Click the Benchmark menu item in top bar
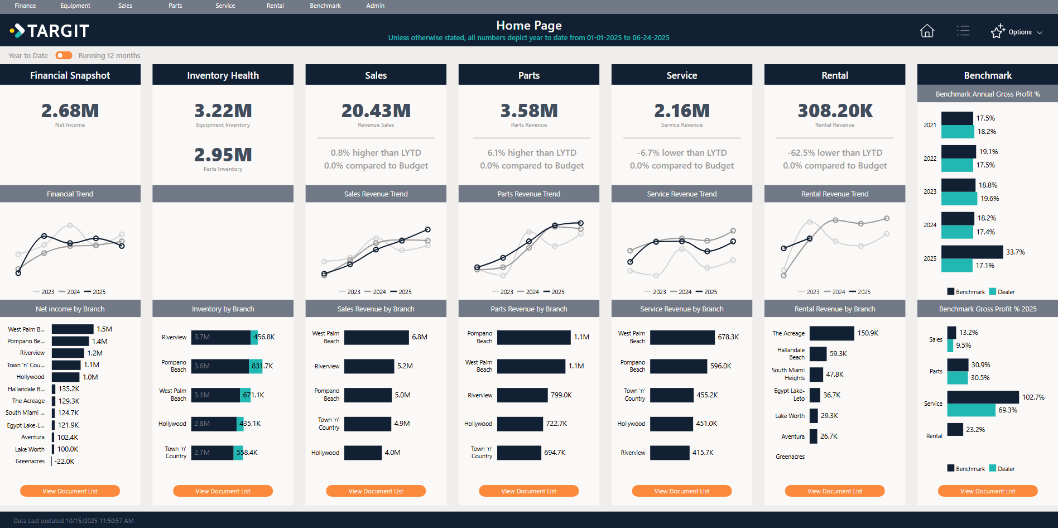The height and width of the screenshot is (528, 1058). tap(325, 6)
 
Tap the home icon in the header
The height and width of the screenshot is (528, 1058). tap(927, 31)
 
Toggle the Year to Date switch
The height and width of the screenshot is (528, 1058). tap(64, 55)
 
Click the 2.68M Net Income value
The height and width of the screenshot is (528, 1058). tap(70, 111)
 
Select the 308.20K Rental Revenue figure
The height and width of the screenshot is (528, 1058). tap(835, 111)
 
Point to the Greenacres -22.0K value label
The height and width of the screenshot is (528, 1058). tap(64, 462)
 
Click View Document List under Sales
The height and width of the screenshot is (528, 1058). tap(376, 491)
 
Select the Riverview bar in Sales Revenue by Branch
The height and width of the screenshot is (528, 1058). tap(369, 366)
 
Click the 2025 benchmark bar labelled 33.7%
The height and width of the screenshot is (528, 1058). tap(972, 252)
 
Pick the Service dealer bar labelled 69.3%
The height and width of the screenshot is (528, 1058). tap(971, 410)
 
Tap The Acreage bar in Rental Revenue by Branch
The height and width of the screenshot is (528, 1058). tap(831, 333)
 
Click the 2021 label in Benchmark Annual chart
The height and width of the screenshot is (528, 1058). tap(930, 125)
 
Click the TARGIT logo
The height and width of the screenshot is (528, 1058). tap(50, 31)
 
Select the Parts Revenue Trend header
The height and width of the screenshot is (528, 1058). tap(528, 194)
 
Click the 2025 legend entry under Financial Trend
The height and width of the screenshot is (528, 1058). tap(95, 292)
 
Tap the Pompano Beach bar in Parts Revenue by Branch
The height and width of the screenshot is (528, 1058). tap(533, 337)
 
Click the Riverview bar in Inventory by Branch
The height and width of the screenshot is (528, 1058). tap(221, 337)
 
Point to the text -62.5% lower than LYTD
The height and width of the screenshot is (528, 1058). tap(835, 152)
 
